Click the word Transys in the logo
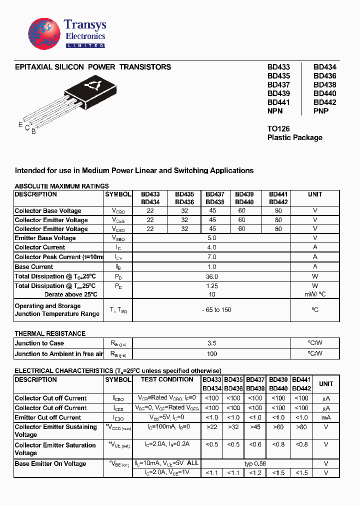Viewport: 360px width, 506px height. point(85,25)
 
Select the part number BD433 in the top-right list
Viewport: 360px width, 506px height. point(278,67)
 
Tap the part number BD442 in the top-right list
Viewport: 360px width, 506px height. point(325,102)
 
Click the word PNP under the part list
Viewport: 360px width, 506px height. point(321,111)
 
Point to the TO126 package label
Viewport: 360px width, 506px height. point(278,128)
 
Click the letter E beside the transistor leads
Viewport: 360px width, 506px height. point(20,124)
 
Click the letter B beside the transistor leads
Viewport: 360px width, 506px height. point(33,131)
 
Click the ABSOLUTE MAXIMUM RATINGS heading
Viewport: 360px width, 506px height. point(61,186)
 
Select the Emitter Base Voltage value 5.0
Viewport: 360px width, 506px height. point(211,238)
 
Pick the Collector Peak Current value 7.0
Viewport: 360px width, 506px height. point(211,257)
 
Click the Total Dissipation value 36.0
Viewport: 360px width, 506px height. point(211,276)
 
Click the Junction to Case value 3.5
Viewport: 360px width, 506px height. point(211,343)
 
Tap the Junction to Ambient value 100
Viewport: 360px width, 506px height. point(211,354)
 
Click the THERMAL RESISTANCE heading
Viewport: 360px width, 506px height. point(50,333)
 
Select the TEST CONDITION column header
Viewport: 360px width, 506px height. point(166,379)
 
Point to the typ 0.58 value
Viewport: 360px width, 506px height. point(256,464)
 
